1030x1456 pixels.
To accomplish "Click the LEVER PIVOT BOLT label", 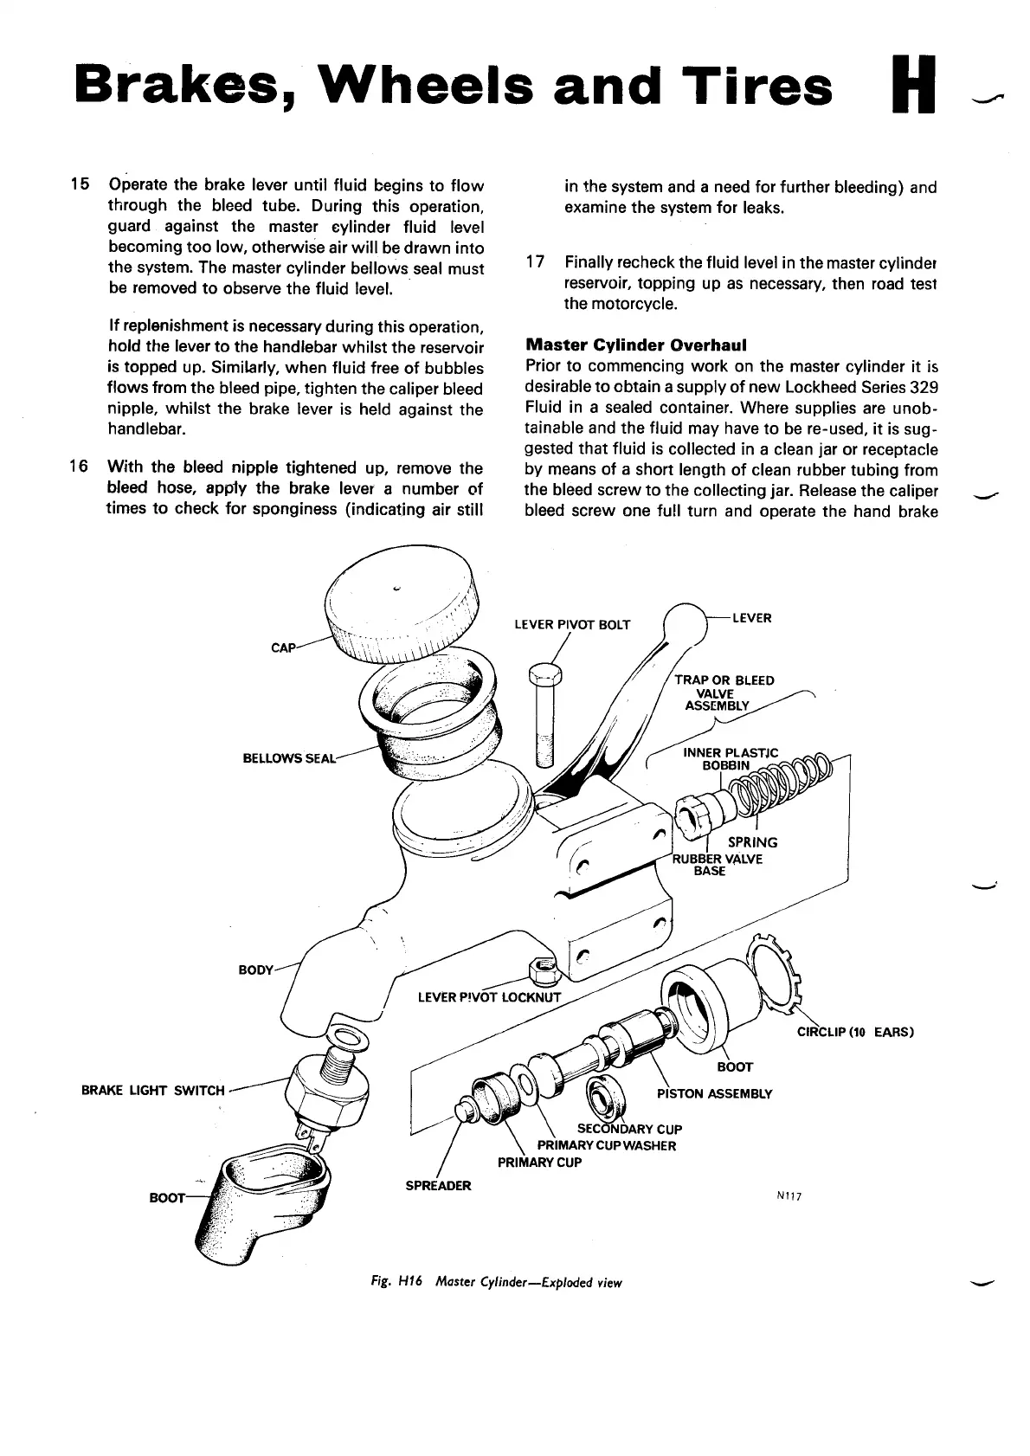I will point(572,624).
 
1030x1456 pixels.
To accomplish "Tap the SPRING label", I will point(752,842).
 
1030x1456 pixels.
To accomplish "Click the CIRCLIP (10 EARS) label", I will point(855,1032).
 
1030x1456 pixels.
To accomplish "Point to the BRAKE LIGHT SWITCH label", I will point(152,1091).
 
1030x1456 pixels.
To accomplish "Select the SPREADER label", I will point(438,1185).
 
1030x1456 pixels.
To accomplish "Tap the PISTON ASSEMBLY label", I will point(714,1093).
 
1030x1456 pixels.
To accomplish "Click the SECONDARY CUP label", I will point(629,1129).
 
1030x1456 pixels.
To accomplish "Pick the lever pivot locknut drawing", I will point(543,975).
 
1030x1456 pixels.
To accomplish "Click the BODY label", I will point(255,970).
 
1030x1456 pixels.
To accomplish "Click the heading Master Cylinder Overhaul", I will point(631,344).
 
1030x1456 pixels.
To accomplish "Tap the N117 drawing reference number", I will point(790,1196).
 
